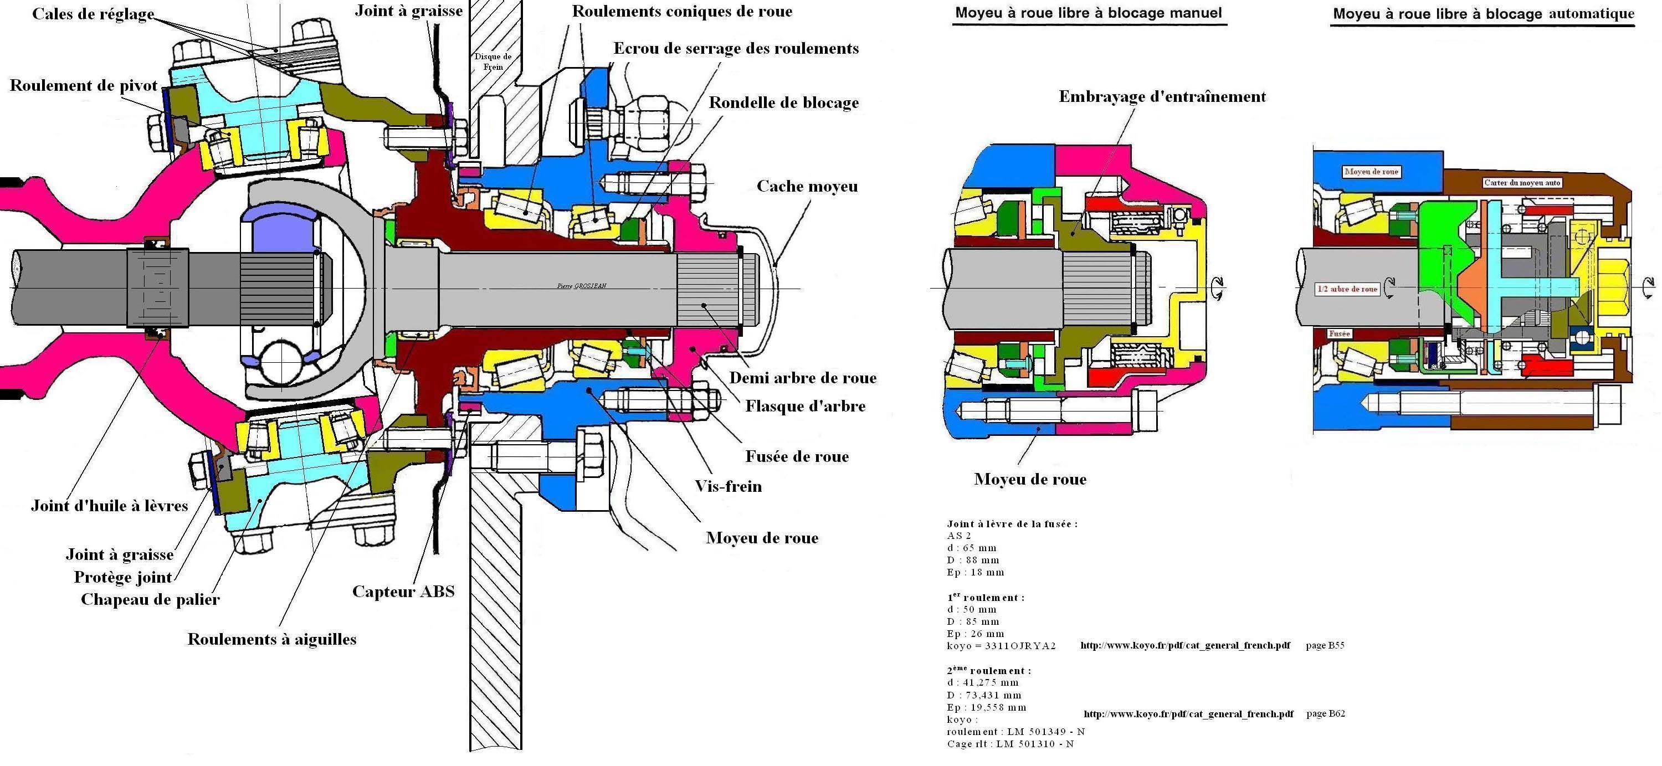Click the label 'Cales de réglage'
click(x=93, y=14)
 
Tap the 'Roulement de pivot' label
click(x=83, y=86)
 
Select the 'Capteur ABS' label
click(x=403, y=592)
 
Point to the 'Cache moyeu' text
click(x=807, y=186)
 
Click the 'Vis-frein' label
click(x=728, y=486)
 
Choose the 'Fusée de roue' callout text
click(x=797, y=456)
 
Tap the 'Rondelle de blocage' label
click(x=784, y=102)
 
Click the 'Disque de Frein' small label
click(x=493, y=61)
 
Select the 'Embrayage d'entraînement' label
click(x=1162, y=97)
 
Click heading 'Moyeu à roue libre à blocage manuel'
click(x=1089, y=13)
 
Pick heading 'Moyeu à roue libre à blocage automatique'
click(x=1483, y=13)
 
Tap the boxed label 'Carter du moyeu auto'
click(x=1522, y=182)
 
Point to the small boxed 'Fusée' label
click(x=1340, y=333)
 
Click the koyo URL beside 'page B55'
click(x=1185, y=645)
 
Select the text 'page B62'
click(x=1325, y=714)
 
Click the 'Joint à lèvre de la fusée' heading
click(x=1012, y=523)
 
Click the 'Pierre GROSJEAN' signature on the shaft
click(x=581, y=286)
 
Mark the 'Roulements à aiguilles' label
click(x=271, y=639)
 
